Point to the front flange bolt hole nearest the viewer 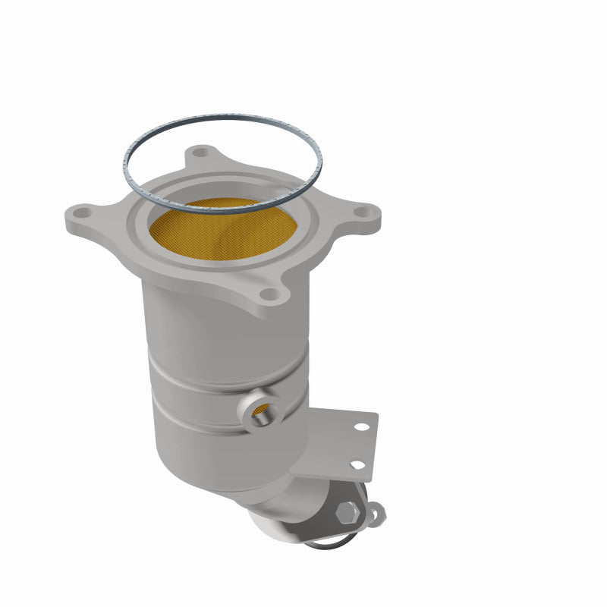(x=269, y=294)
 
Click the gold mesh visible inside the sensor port (x=259, y=410)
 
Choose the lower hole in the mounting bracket (x=355, y=464)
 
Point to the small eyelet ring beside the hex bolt (x=376, y=514)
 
